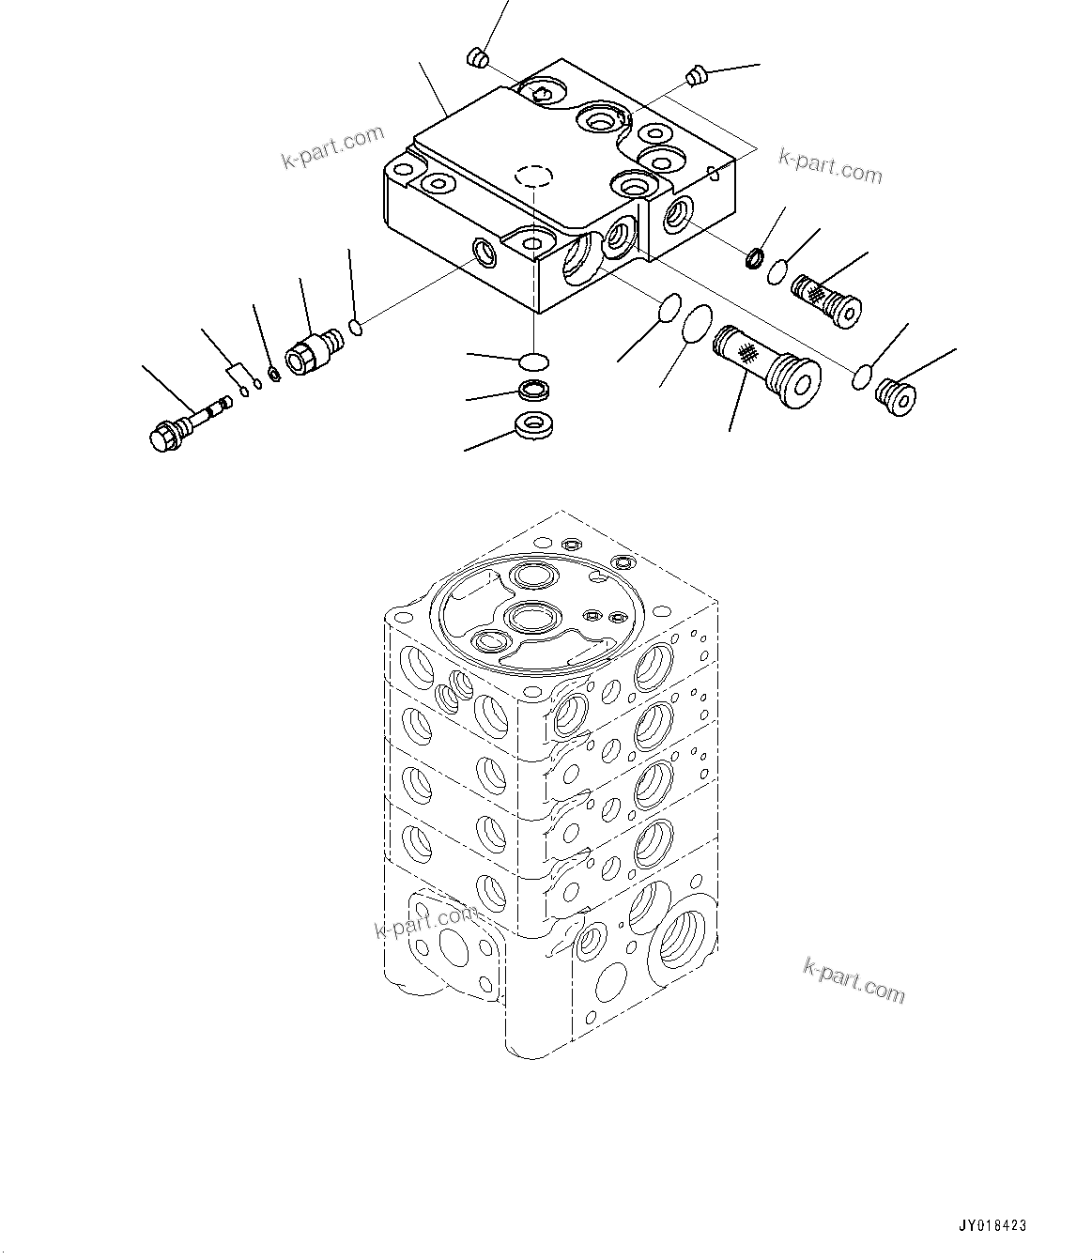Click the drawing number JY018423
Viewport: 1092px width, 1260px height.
pyautogui.click(x=992, y=1225)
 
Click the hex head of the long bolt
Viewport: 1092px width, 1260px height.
pyautogui.click(x=166, y=437)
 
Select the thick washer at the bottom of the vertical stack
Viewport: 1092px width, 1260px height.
pyautogui.click(x=535, y=426)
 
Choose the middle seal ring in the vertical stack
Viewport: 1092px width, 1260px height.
pyautogui.click(x=534, y=392)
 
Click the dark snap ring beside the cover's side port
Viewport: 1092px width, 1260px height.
pyautogui.click(x=753, y=255)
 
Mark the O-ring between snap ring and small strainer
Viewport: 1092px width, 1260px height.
pyautogui.click(x=777, y=273)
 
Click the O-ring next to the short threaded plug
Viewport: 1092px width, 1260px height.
pyautogui.click(x=861, y=376)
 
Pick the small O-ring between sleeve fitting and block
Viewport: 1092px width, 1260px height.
pyautogui.click(x=355, y=327)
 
